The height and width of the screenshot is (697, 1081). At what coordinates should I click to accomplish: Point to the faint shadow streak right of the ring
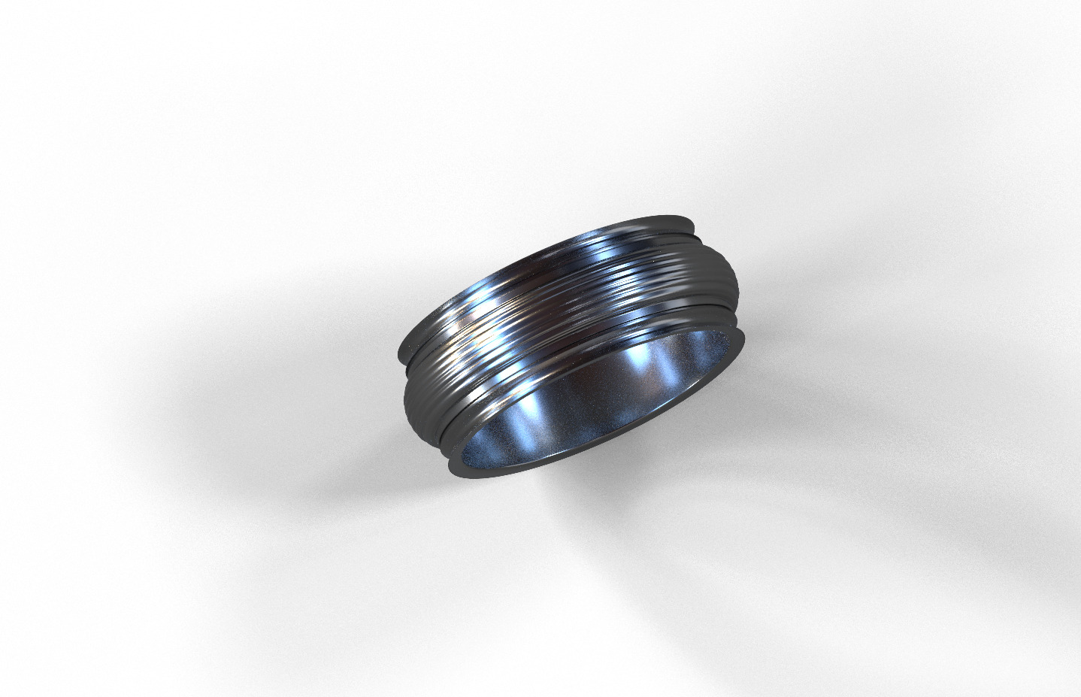point(864,466)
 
